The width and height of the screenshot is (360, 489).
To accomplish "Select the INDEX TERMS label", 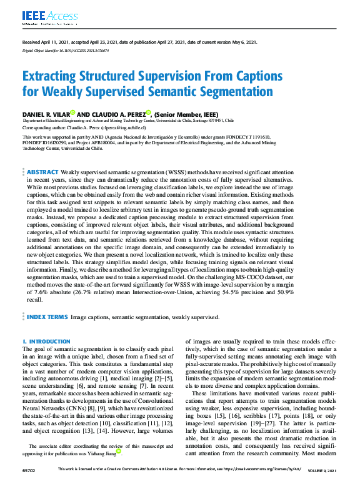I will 47,317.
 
